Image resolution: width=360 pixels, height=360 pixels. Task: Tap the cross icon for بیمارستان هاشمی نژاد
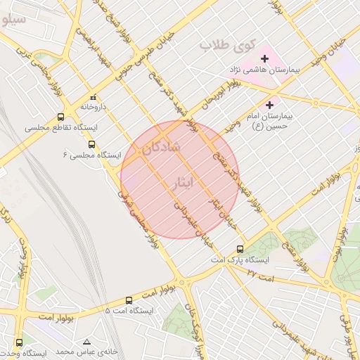[264, 58]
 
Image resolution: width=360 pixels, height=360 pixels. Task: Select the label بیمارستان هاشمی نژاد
[264, 71]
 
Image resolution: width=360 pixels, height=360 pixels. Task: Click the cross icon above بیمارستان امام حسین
[269, 105]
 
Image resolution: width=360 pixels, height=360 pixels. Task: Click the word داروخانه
[92, 108]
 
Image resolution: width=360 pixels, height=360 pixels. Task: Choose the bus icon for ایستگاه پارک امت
[240, 249]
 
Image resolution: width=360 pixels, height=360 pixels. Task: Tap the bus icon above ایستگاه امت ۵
[129, 300]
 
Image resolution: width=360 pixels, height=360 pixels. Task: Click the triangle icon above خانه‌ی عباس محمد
[87, 340]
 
